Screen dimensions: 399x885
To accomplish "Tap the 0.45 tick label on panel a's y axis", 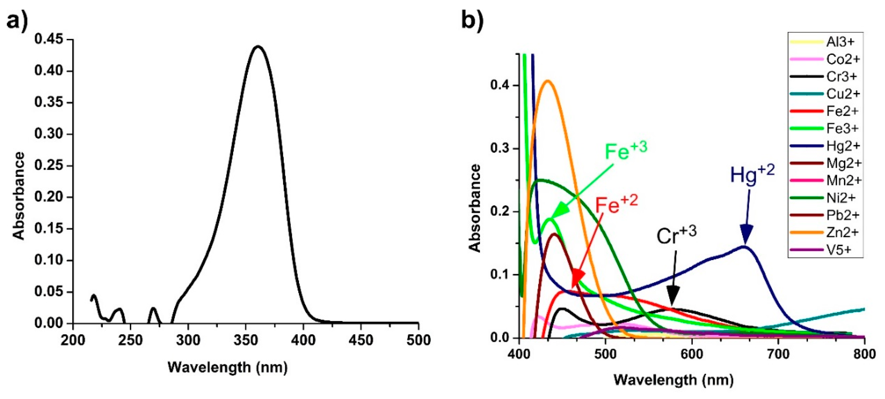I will [x=54, y=40].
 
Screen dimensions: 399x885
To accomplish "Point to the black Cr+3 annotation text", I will [x=676, y=236].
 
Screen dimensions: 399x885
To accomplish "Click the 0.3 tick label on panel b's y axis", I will [x=500, y=149].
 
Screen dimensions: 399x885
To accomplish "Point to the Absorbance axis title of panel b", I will [x=475, y=208].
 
